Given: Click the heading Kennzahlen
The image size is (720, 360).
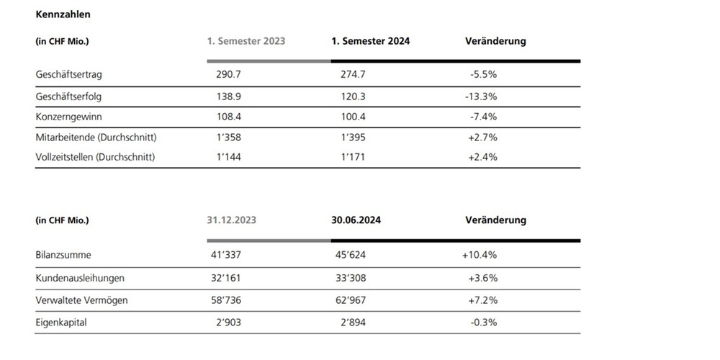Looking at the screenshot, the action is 63,14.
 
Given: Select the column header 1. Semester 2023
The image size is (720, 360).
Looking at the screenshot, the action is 246,41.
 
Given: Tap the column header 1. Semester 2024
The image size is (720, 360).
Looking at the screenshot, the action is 371,41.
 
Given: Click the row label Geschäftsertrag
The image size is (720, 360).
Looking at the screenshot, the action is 68,75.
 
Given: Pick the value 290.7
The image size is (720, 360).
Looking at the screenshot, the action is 228,74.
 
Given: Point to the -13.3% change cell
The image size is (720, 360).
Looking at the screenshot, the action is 481,96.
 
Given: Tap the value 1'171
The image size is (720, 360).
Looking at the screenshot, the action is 353,157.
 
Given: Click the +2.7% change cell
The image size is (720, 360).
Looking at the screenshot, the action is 482,137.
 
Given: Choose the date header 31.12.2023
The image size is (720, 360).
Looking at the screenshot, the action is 231,220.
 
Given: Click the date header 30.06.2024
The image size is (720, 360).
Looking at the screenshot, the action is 356,220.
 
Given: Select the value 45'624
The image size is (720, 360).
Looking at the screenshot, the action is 351,254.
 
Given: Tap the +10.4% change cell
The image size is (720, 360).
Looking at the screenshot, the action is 480,254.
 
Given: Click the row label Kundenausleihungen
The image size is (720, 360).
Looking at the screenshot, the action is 80,278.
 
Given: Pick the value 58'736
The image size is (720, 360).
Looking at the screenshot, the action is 226,300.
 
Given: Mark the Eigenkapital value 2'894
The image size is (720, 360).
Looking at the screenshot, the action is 353,323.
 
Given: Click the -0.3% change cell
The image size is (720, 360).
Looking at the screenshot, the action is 484,323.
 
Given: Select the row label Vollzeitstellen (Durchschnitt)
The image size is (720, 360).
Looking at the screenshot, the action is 95,158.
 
